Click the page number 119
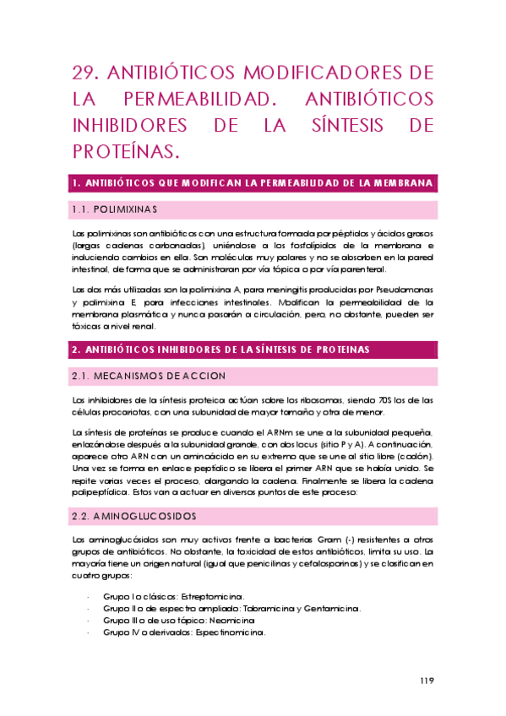coord(426,681)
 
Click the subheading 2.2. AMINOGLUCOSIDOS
coord(135,514)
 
